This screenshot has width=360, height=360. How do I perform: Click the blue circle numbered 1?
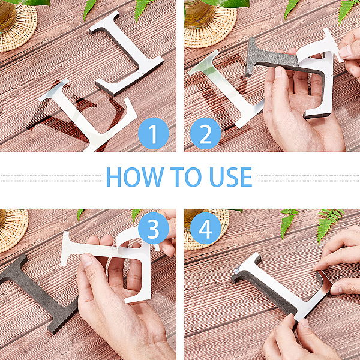coord(154,133)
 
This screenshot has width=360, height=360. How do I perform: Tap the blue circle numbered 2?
coord(205,133)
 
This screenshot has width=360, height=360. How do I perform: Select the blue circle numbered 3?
coord(154,228)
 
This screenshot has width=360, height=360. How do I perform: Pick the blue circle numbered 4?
coord(205,228)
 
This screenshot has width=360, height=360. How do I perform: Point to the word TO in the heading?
coord(185,177)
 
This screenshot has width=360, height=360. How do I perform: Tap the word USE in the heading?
coord(230,177)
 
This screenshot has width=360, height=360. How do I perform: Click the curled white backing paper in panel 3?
coord(128,241)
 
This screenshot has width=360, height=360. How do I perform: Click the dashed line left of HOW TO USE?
coord(50,178)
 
